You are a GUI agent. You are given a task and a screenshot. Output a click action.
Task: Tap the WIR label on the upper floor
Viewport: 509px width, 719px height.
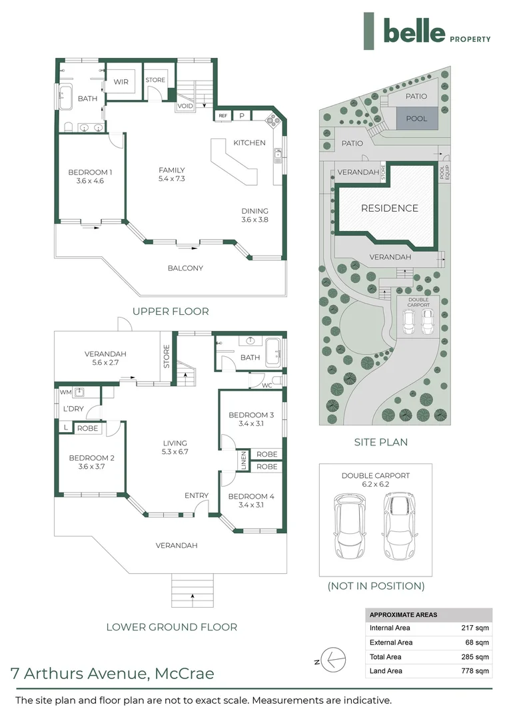pos(121,83)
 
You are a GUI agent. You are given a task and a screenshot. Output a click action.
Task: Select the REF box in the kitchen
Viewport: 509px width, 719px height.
pos(223,116)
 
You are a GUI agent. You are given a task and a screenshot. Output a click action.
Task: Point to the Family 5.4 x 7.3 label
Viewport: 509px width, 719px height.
pos(171,174)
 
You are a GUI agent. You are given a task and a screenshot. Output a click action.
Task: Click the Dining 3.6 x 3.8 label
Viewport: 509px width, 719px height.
pos(254,215)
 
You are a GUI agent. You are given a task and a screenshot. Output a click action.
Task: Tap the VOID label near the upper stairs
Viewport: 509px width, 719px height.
pos(185,106)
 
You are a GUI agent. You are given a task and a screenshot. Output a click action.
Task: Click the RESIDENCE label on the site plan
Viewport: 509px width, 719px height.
pos(390,208)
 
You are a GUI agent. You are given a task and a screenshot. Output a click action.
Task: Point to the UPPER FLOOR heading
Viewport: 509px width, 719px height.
pos(171,311)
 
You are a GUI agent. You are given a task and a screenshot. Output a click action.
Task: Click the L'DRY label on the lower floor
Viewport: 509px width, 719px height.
pos(73,409)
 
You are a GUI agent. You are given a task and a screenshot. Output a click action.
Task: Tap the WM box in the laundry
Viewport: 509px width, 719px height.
pos(65,392)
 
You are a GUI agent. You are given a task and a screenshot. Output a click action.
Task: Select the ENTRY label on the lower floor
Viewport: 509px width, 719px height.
pos(197,495)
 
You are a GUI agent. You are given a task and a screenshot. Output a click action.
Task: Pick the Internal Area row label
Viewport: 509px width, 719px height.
pos(390,628)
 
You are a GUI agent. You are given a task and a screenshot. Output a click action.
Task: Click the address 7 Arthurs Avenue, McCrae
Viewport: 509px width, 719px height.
pos(113,673)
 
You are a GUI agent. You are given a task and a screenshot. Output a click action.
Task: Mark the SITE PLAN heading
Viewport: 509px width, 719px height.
pos(380,441)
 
